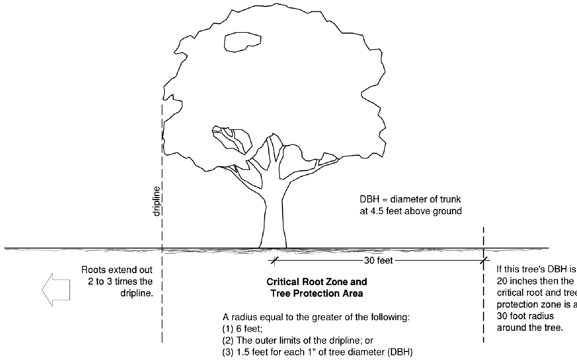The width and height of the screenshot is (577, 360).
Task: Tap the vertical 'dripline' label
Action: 157,201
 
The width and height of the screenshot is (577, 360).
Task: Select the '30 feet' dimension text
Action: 378,261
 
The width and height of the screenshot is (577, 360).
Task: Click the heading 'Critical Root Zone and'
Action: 317,282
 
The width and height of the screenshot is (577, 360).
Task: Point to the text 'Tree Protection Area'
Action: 317,293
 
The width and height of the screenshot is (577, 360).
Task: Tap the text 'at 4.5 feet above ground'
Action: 410,211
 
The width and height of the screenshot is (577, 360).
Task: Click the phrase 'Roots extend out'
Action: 117,270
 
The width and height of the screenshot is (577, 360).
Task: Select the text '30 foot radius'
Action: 525,316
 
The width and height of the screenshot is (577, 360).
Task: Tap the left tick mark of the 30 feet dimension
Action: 274,261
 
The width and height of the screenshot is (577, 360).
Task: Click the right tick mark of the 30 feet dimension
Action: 483,261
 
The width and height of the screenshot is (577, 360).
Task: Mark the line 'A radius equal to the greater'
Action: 316,318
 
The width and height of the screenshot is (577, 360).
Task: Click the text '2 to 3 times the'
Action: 120,282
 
